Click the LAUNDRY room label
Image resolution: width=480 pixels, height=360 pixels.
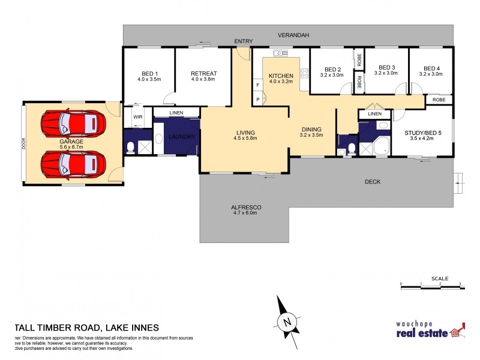coord(182,137)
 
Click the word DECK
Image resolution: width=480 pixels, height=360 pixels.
coord(373,182)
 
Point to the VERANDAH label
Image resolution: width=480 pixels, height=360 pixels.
coord(293,36)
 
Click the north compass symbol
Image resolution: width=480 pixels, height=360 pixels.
coord(287,320)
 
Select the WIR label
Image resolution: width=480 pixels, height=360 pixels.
coord(137,117)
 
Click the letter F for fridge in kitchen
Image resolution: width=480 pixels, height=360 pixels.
coord(257,85)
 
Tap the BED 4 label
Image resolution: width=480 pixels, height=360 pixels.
coord(431,71)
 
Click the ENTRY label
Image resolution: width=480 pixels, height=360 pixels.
coord(243,41)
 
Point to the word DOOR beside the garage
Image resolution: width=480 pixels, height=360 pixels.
coord(25,145)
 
